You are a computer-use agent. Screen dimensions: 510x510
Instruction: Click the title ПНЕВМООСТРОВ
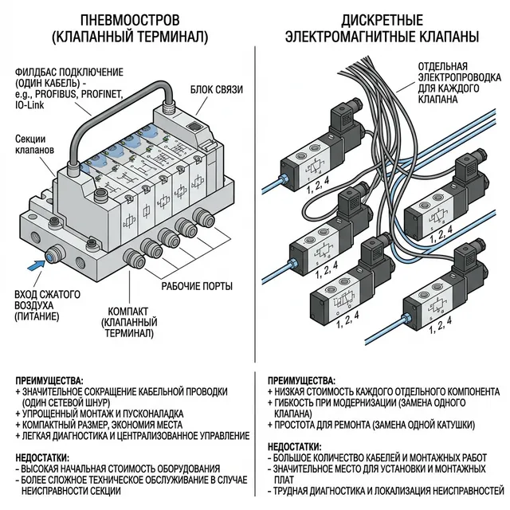tap(128, 18)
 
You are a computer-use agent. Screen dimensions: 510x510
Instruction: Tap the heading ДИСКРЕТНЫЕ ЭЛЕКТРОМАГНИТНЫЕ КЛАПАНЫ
tap(382, 27)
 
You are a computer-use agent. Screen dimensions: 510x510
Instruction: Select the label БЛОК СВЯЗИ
tap(216, 88)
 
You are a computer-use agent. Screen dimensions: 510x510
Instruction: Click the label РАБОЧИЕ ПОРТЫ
tap(197, 285)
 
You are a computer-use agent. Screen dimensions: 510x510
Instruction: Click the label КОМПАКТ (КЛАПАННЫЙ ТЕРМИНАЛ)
tap(127, 319)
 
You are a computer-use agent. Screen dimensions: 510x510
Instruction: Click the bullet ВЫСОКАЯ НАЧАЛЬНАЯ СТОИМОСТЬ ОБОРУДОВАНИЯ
tap(120, 469)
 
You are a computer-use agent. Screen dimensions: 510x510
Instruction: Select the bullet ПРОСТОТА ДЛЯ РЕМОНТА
tap(375, 425)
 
